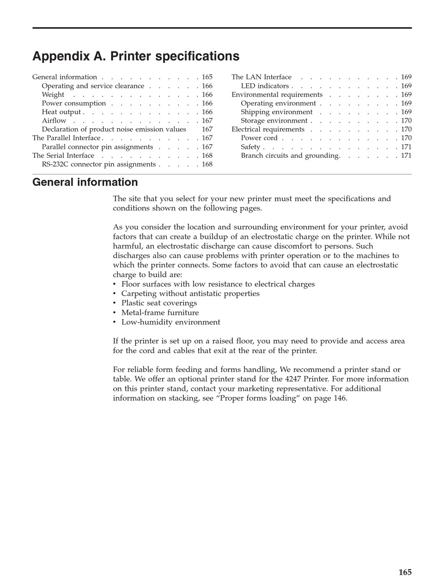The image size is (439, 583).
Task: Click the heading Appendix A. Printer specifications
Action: (136, 56)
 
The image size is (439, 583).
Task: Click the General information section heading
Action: (85, 182)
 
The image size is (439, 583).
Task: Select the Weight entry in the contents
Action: (53, 95)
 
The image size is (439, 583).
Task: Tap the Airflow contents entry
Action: (54, 121)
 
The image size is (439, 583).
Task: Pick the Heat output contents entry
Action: (61, 112)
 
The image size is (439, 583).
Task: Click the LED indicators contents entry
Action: (265, 86)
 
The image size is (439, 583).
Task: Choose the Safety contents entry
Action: (250, 147)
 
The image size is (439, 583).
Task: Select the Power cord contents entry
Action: (259, 138)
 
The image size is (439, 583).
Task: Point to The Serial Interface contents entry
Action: (63, 155)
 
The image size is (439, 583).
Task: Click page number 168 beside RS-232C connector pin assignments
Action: (207, 164)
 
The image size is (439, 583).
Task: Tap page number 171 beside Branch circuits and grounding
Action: (406, 155)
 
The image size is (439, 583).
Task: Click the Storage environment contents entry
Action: (274, 121)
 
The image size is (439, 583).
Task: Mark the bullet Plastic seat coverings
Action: (159, 303)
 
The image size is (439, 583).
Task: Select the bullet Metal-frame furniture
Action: (160, 313)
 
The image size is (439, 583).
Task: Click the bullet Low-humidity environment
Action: (171, 322)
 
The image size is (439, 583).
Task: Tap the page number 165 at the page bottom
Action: (405, 572)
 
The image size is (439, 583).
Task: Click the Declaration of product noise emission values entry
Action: (114, 130)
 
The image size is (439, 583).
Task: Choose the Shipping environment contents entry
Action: (276, 112)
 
